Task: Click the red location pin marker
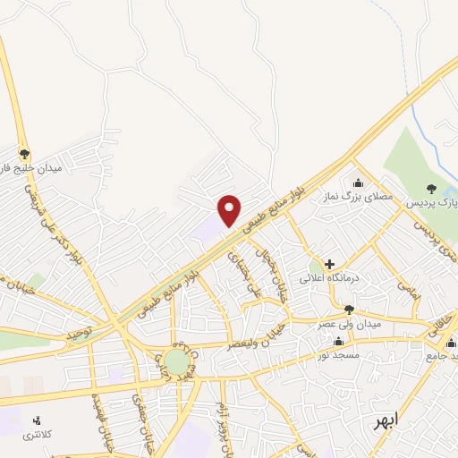230,209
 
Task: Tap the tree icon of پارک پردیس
432,188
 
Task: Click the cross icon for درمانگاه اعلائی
330,265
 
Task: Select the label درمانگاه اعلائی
335,279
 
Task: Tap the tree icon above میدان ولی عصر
350,310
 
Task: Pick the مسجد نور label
335,354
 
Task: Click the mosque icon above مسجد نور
338,341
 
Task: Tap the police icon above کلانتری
37,420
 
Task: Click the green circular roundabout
177,362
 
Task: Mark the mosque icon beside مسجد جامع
450,342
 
